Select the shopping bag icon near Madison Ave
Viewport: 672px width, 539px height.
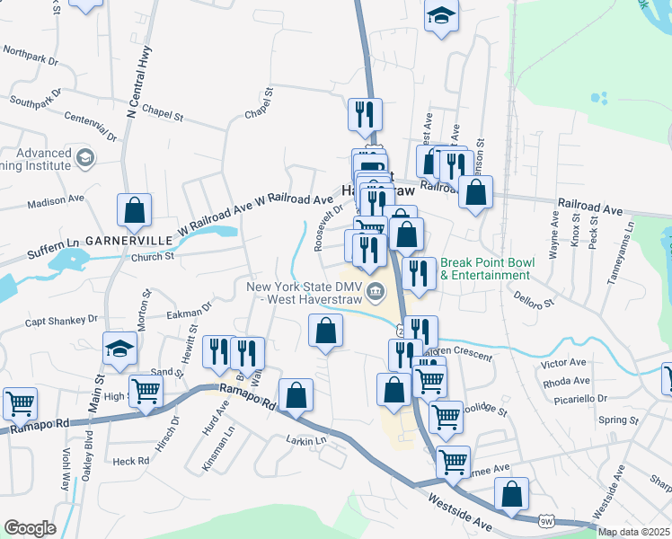[134, 212]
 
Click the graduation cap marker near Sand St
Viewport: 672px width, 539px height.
[119, 349]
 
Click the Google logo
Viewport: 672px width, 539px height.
[30, 528]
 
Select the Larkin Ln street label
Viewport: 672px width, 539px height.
[306, 440]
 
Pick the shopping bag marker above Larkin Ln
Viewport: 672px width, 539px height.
[296, 394]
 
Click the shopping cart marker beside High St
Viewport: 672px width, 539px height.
[146, 391]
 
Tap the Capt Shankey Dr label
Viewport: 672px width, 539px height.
[60, 320]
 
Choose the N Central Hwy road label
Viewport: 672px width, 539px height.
[138, 85]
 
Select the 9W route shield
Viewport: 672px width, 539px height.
[546, 520]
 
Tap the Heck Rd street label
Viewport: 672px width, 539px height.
[131, 461]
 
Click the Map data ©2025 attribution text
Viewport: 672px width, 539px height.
[634, 532]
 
